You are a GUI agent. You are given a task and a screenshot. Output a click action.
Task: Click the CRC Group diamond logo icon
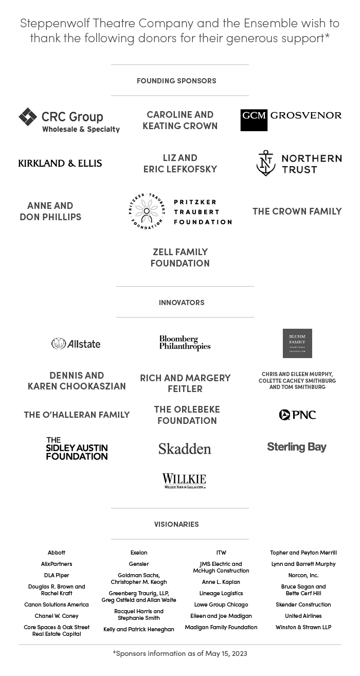[x=28, y=117]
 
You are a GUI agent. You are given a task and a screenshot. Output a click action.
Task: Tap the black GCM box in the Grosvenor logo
[x=254, y=120]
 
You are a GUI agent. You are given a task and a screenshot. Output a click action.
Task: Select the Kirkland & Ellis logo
[x=60, y=164]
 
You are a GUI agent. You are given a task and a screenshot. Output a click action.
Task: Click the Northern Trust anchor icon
[x=266, y=163]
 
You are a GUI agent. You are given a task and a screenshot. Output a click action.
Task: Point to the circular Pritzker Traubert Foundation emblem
[x=147, y=211]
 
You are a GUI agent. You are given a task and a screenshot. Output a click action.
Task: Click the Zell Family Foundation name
[x=180, y=257]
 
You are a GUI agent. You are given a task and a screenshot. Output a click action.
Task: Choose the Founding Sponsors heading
[x=176, y=81]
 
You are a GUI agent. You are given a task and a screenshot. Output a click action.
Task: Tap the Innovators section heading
[x=182, y=303]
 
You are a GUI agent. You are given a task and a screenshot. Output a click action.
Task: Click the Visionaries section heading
[x=176, y=524]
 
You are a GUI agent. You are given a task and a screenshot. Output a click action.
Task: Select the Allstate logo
[x=76, y=344]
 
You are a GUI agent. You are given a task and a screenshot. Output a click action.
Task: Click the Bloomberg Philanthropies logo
[x=185, y=343]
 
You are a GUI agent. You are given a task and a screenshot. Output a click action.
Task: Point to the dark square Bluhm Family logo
[x=297, y=343]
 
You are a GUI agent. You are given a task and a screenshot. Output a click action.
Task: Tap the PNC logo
[x=297, y=415]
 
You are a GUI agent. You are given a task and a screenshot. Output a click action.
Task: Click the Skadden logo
[x=185, y=449]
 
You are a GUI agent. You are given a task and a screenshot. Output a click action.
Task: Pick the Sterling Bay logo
[x=297, y=447]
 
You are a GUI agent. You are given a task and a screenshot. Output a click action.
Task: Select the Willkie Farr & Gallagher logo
[x=184, y=481]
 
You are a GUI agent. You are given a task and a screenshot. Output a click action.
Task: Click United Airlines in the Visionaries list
[x=303, y=616]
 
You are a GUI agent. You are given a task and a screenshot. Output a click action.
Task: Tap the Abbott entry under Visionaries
[x=57, y=553]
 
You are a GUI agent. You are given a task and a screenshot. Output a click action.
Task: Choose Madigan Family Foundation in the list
[x=221, y=627]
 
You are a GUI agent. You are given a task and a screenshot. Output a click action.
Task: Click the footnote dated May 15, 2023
[x=180, y=653]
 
